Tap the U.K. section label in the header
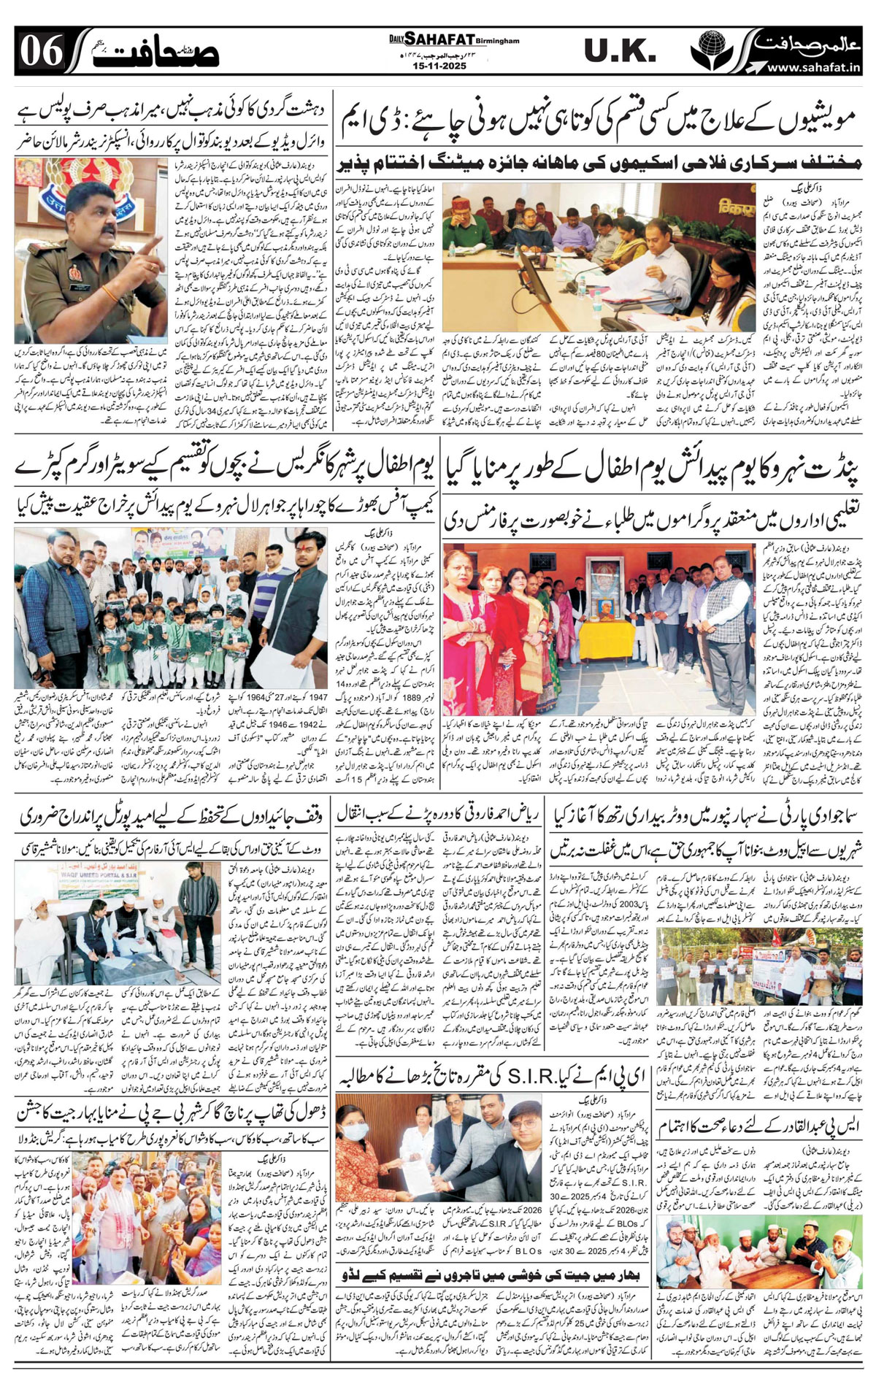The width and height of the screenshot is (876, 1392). coord(620,51)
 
